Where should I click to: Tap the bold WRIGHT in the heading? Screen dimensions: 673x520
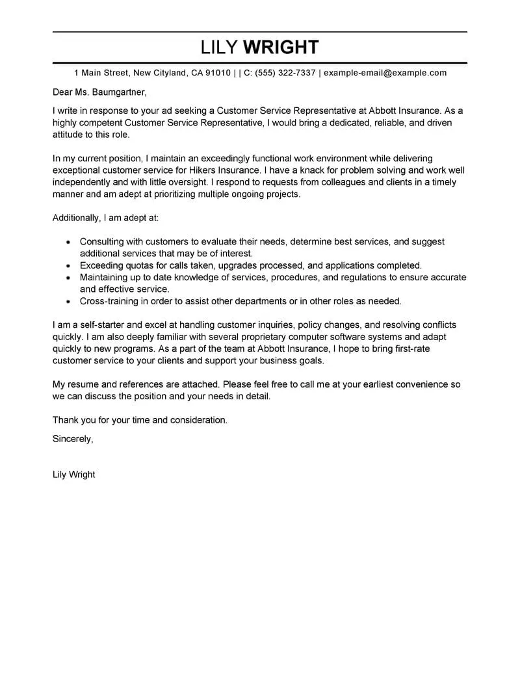[281, 47]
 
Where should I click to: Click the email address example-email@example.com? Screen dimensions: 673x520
[385, 73]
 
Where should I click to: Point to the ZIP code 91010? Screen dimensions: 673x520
[218, 73]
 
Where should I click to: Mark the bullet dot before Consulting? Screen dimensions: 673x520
[68, 242]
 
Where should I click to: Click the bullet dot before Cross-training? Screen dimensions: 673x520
[68, 302]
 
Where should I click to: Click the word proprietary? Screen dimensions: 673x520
[257, 337]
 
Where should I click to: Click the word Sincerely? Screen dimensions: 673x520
[73, 439]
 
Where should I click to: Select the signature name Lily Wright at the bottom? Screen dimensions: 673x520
[73, 474]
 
